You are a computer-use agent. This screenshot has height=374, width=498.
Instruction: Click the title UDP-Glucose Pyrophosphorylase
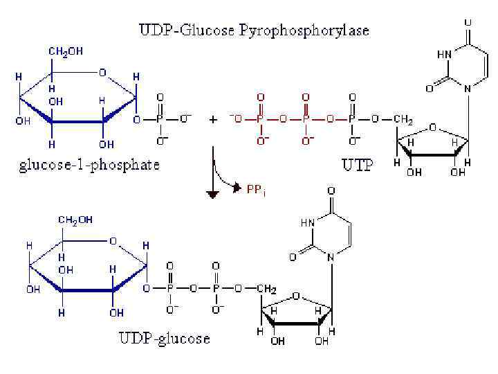[x=255, y=30]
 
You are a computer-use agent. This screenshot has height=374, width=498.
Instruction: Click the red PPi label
[x=255, y=187]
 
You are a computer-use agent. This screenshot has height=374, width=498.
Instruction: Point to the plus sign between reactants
[x=214, y=119]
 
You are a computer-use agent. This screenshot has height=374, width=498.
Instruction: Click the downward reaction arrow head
[x=214, y=193]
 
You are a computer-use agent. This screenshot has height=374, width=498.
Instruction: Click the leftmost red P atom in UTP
[x=261, y=119]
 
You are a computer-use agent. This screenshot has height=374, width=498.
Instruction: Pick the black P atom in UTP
[x=351, y=119]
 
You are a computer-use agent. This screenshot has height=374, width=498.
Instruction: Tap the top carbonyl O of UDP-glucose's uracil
[x=332, y=190]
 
